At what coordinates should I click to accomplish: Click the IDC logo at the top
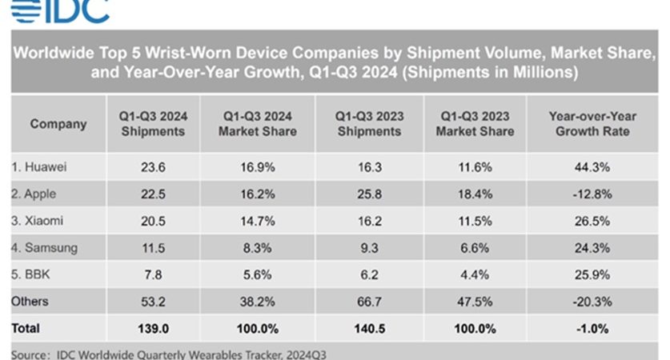click(x=56, y=10)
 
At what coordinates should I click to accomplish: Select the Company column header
click(x=58, y=124)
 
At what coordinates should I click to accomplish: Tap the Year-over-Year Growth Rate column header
click(x=592, y=124)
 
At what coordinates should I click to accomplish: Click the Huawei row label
click(x=40, y=167)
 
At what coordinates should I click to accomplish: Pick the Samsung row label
click(x=45, y=248)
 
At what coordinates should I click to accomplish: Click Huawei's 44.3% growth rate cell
click(x=592, y=167)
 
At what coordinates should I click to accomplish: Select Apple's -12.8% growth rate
click(x=592, y=194)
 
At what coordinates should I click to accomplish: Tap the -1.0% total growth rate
click(x=592, y=328)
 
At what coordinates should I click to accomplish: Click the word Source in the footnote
click(x=30, y=353)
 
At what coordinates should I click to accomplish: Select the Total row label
click(x=26, y=328)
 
